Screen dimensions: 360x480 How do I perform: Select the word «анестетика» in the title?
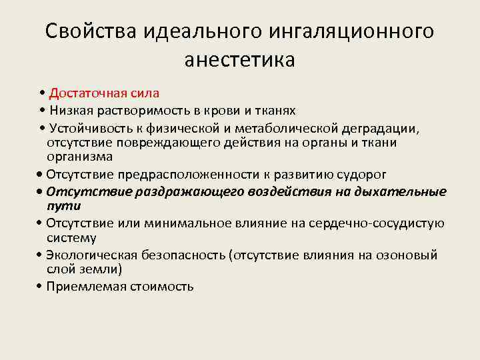coord(240,60)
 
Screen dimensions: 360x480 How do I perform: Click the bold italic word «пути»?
coord(61,207)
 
